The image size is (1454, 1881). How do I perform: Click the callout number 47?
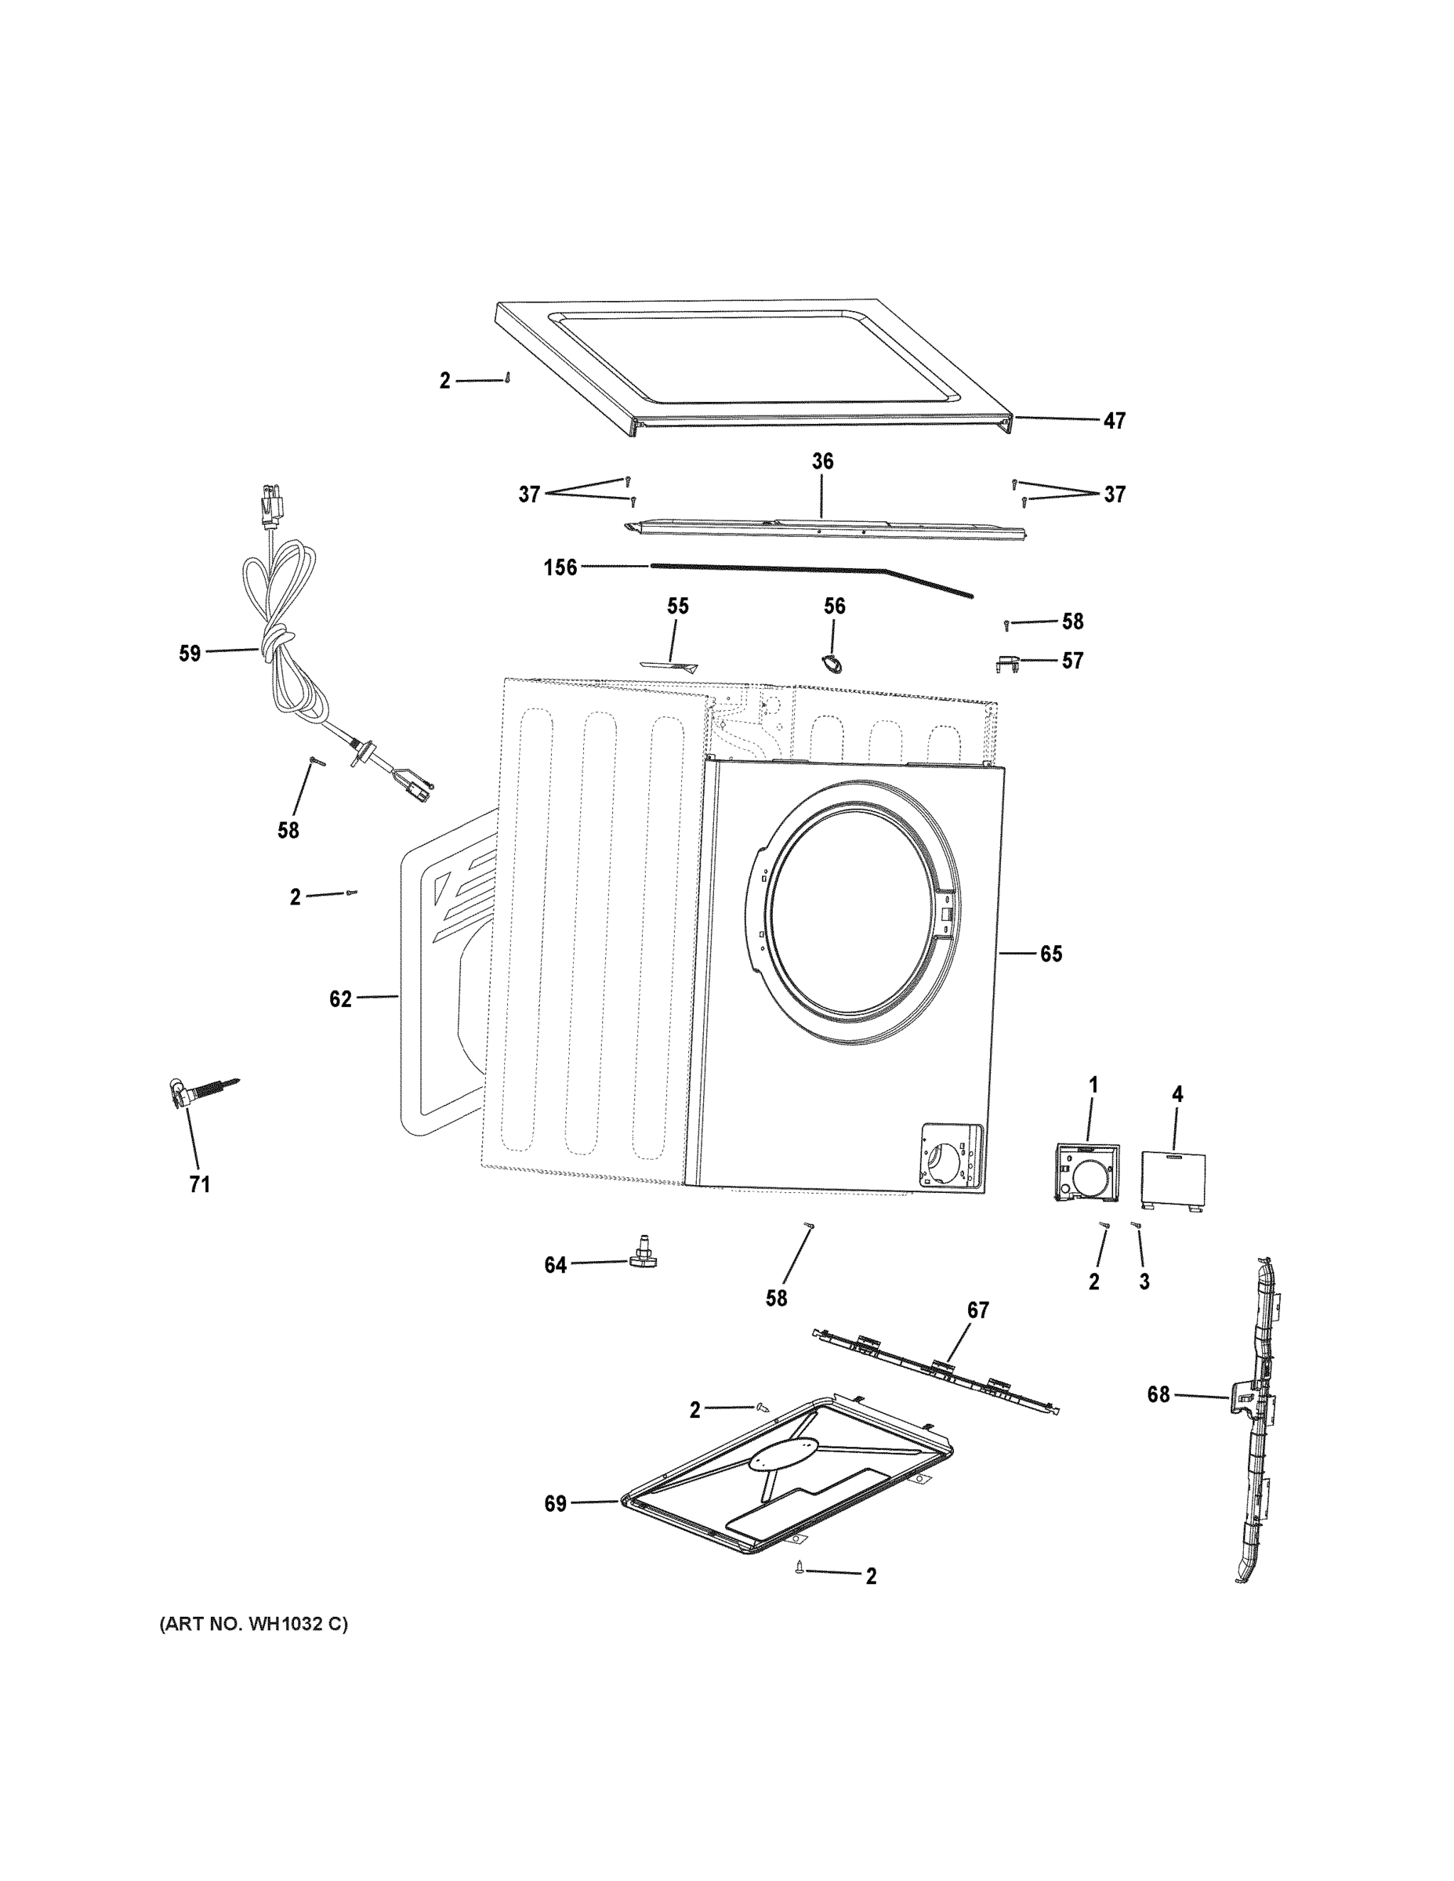click(x=1114, y=421)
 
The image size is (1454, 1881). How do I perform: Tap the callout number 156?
click(x=560, y=567)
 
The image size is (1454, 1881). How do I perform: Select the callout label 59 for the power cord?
click(x=190, y=653)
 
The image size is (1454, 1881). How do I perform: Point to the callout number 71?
click(x=199, y=1185)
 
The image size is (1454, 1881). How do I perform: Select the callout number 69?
click(x=556, y=1504)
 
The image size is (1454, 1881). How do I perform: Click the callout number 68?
click(x=1158, y=1394)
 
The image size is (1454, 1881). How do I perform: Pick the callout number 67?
click(x=977, y=1310)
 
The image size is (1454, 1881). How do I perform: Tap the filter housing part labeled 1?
click(x=1086, y=1172)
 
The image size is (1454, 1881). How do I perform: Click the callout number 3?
click(x=1144, y=1281)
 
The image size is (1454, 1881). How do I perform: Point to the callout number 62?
click(x=340, y=998)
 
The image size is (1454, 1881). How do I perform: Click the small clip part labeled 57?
click(x=1009, y=663)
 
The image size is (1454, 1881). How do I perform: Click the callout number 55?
click(x=678, y=607)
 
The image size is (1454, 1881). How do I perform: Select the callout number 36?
click(x=822, y=462)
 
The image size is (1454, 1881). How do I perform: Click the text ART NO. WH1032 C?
click(x=254, y=1625)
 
